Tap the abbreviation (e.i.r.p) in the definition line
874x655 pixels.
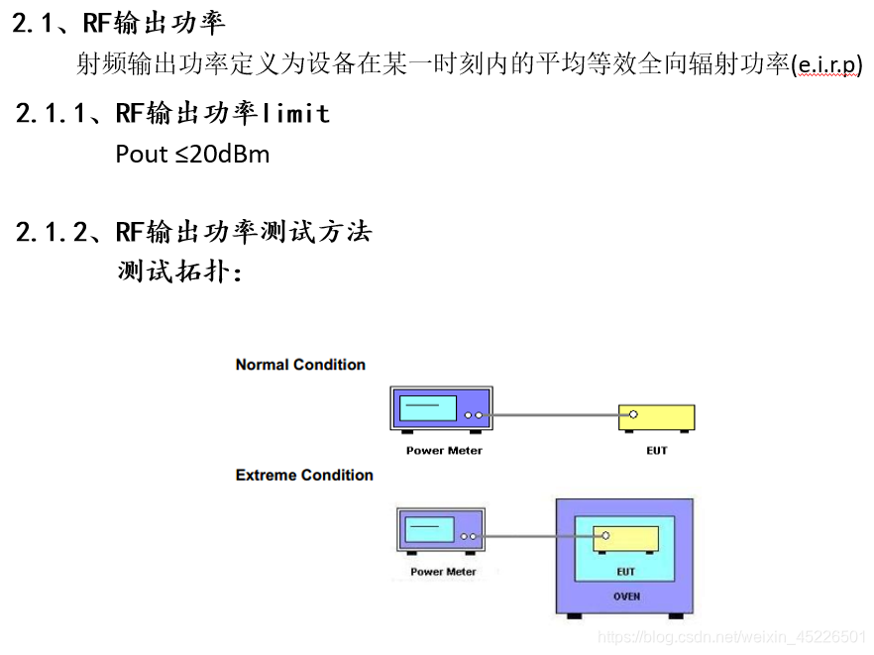827,65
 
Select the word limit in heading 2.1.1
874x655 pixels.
295,113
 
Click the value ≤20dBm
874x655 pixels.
225,155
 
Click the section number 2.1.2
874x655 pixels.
52,233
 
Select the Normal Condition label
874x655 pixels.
300,365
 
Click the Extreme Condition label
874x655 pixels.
304,476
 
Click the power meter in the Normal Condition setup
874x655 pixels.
442,409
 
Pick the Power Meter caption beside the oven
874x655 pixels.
443,572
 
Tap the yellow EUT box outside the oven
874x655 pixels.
656,417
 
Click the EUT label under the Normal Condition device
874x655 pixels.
657,451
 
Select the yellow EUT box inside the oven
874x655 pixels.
625,539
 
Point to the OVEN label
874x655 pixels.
626,597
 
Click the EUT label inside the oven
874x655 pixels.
626,572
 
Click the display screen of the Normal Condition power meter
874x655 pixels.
426,407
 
